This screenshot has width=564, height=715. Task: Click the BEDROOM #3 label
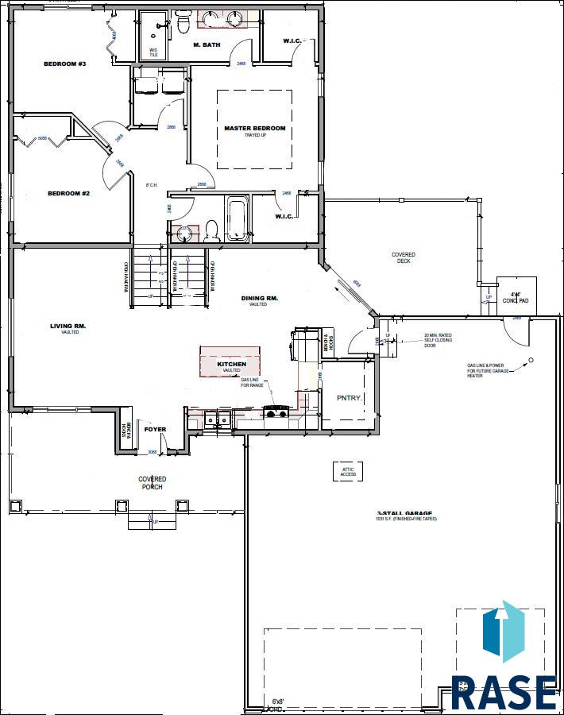pos(65,64)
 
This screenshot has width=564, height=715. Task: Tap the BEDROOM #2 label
pos(68,193)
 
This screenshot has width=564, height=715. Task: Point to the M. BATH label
pos(206,44)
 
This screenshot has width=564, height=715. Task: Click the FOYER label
pos(155,430)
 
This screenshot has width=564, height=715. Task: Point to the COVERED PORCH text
pos(152,482)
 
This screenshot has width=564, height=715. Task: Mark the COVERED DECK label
pos(403,257)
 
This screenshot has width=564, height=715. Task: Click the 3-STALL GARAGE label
pos(407,515)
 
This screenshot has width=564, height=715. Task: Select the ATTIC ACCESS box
pos(348,471)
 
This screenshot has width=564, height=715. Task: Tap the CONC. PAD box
pos(516,295)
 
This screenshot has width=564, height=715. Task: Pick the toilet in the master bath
pos(183,24)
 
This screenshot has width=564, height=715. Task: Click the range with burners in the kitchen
pos(276,412)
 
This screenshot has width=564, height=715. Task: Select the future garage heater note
pos(489,370)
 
